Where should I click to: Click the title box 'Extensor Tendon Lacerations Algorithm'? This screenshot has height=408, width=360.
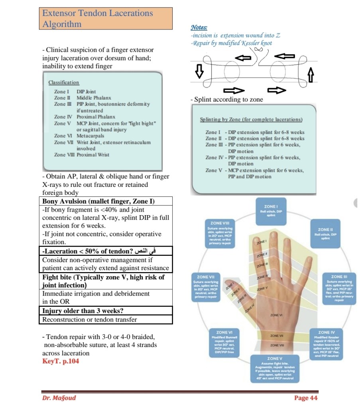107,18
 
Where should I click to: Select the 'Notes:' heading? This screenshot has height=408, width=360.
199,27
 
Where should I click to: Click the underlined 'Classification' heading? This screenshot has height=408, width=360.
64,82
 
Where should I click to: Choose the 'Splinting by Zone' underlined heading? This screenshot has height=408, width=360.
251,120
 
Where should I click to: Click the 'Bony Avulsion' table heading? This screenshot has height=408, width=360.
98,201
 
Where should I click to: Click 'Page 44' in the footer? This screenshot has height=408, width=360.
306,398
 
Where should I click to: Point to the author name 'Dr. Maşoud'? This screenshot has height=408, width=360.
59,398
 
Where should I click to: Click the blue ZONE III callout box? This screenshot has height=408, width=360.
337,289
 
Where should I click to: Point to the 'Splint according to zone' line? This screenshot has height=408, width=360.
226,100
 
